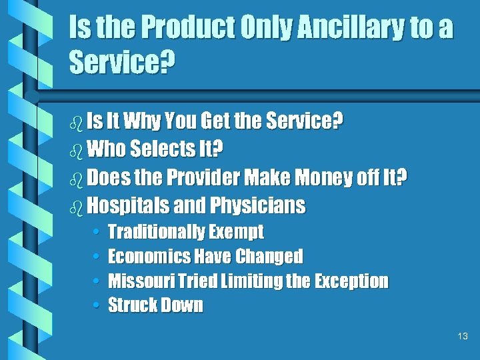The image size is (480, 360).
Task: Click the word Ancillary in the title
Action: coord(350,29)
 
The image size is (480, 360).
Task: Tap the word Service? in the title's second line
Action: coord(122,64)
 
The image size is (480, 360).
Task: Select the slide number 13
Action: coord(463,337)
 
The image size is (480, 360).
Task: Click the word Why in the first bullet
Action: coord(143,121)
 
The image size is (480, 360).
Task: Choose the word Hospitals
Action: coord(127,206)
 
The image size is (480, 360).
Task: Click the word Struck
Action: coord(129,306)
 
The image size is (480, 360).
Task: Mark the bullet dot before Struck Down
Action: coord(97,306)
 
